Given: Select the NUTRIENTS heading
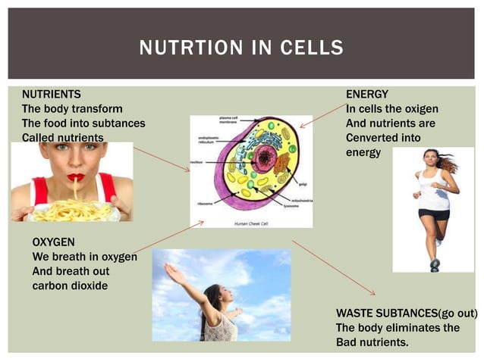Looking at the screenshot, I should coord(51,95).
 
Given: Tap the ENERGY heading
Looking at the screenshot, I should coord(367,95).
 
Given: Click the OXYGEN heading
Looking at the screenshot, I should coord(55,243).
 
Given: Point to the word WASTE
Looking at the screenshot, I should coord(354,314).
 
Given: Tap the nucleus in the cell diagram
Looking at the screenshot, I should coord(265,158).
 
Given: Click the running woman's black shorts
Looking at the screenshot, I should coord(434,214).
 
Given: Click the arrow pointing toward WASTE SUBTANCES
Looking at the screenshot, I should coord(334,268).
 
